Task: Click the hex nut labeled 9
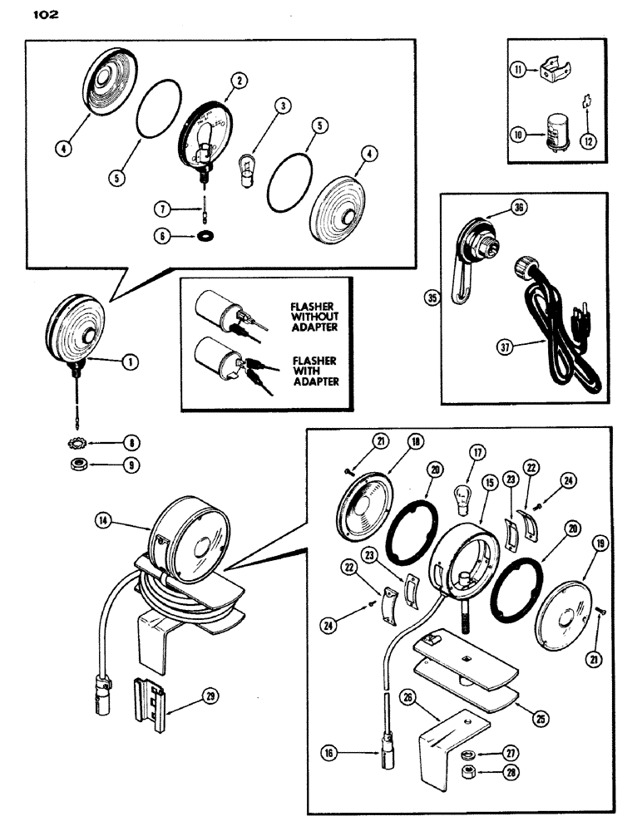tap(79, 465)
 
